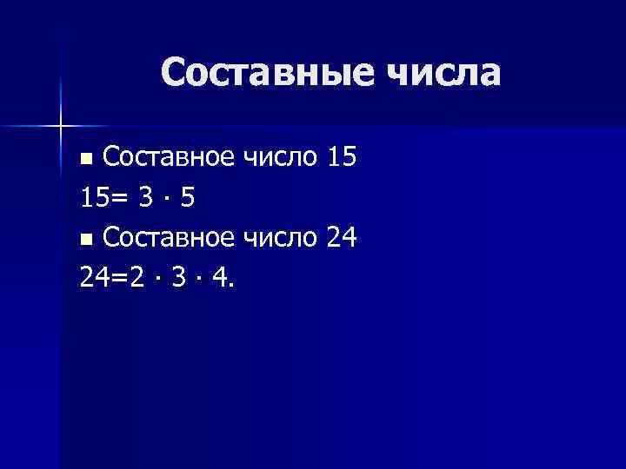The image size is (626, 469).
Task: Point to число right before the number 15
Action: (x=280, y=158)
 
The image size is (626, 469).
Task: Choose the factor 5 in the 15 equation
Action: (x=188, y=198)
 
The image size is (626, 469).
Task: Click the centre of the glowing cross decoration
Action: (x=62, y=126)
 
